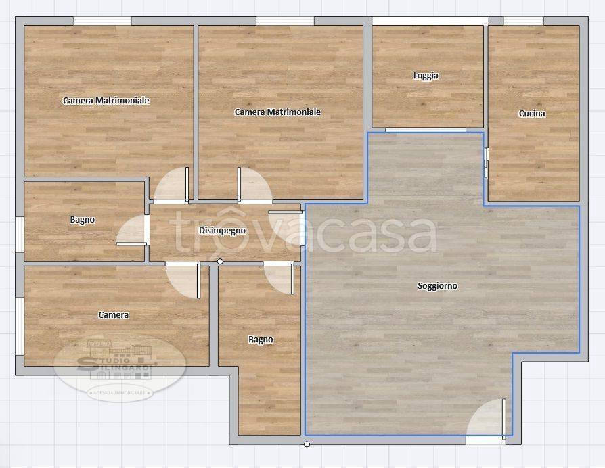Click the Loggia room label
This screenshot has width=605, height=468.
426,76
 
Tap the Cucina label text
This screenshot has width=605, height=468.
532,114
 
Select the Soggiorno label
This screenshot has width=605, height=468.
437,286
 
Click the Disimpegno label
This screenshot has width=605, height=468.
222,231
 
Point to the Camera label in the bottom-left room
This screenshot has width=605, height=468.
113,315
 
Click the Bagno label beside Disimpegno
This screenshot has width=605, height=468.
82,220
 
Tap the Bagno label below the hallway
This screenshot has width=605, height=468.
261,340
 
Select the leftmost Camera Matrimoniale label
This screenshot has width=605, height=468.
106,101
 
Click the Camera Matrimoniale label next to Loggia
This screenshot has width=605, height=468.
277,112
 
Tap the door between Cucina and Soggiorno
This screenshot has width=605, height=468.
486,163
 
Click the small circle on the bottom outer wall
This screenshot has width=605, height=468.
307,444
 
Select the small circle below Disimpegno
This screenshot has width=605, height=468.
220,262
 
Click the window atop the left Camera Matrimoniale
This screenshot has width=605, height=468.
102,21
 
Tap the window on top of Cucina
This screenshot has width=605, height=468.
523,21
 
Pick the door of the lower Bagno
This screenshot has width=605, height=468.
280,277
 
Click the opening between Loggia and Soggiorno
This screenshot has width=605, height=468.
426,129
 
